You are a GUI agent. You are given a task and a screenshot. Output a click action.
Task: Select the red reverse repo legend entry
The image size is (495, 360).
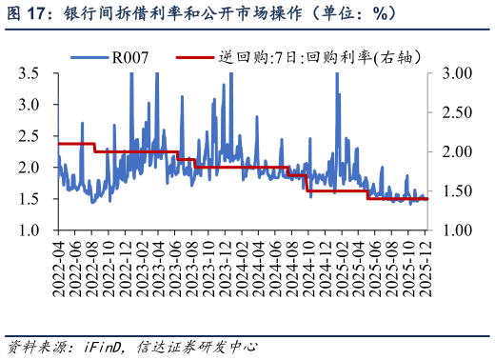tap(286, 58)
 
